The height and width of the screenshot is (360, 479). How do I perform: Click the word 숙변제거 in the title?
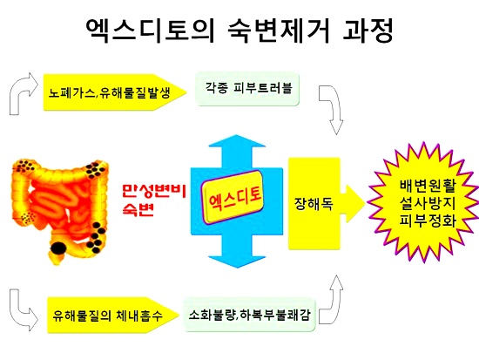point(279,31)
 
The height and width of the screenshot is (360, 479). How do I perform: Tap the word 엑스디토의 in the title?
point(150,31)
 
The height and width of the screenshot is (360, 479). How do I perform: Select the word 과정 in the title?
point(368,31)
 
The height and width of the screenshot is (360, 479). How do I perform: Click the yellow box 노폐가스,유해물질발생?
point(115,92)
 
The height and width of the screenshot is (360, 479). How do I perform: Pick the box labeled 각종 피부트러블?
point(247,89)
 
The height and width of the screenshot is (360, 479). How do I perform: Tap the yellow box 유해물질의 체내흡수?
point(113,315)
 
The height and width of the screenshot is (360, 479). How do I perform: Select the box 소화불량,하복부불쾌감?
point(249,314)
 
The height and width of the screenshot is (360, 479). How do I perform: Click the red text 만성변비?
point(154,191)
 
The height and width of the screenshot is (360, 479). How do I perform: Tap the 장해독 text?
point(314,203)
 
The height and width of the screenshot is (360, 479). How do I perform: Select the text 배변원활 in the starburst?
point(428,186)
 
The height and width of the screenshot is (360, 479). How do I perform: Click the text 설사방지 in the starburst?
point(428,203)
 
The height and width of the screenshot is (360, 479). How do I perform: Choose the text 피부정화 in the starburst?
point(428,221)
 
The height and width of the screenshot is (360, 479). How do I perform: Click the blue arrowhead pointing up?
point(237,141)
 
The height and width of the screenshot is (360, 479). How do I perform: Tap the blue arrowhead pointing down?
point(237,262)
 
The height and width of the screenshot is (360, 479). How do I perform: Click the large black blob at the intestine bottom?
point(57,248)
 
